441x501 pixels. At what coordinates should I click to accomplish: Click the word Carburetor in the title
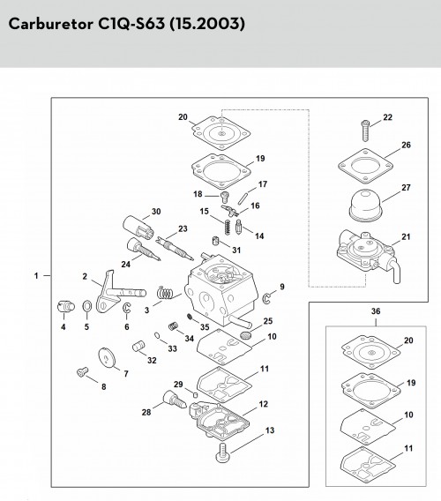[x=51, y=24]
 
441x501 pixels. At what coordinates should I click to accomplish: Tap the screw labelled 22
[x=365, y=131]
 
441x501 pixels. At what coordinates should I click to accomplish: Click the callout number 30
[x=156, y=212]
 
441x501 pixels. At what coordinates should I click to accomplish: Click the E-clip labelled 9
[x=267, y=297]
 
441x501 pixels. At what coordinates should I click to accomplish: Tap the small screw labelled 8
[x=83, y=372]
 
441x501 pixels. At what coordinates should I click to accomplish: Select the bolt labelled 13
[x=222, y=452]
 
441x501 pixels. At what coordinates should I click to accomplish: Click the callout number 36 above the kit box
[x=376, y=311]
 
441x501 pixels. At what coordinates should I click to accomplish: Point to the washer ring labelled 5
[x=86, y=306]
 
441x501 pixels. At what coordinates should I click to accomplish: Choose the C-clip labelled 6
[x=127, y=308]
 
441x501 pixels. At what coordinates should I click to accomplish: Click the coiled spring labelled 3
[x=165, y=293]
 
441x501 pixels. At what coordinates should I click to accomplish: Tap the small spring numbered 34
[x=173, y=326]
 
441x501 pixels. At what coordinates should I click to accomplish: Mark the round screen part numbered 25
[x=246, y=336]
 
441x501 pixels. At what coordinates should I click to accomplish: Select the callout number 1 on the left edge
[x=36, y=275]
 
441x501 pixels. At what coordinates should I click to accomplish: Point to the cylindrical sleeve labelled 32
[x=138, y=346]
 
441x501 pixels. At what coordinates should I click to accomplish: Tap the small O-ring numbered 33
[x=157, y=335]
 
